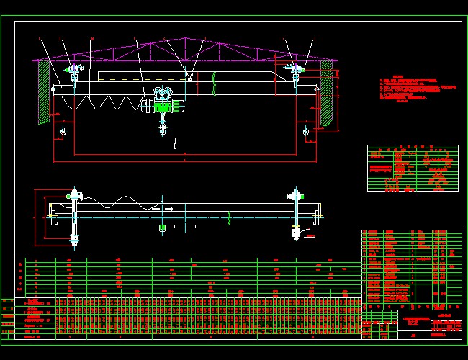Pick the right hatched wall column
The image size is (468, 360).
click(326, 90)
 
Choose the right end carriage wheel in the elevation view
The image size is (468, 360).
click(294, 71)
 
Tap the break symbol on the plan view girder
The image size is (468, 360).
click(228, 217)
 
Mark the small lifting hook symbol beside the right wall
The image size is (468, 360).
click(307, 131)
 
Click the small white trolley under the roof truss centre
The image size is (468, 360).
click(188, 73)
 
